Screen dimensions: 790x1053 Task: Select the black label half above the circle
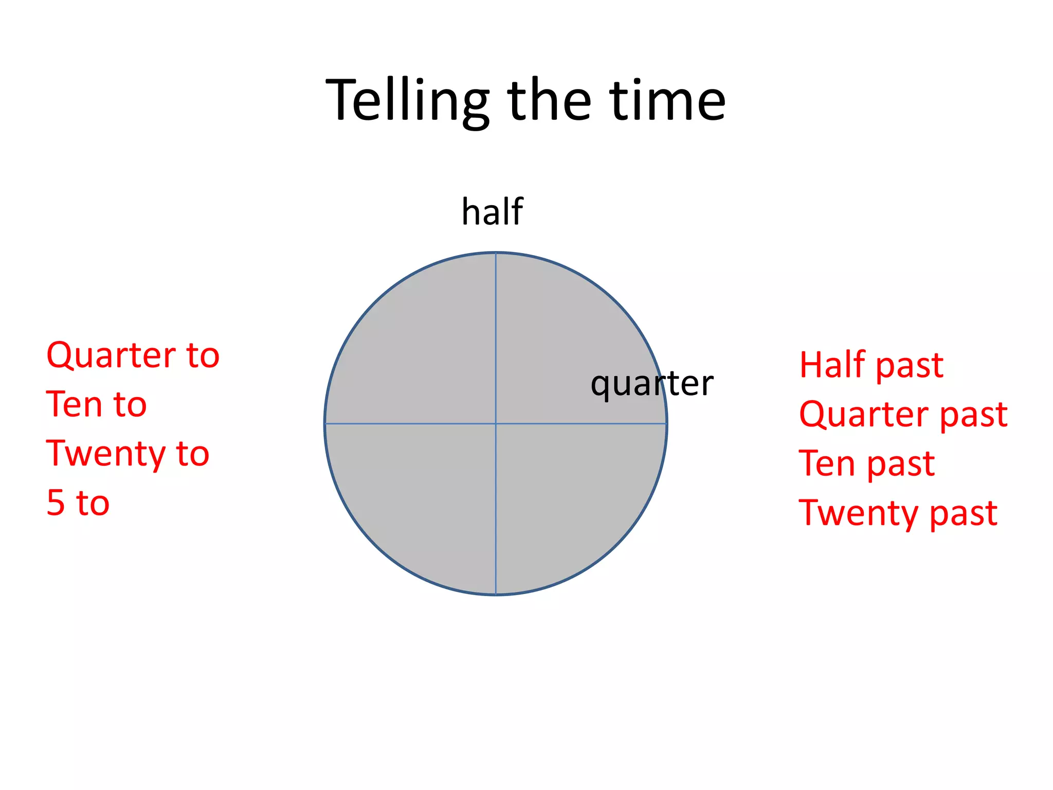tap(492, 211)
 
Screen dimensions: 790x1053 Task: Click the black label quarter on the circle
tap(651, 384)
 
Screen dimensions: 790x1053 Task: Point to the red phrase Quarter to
tap(133, 355)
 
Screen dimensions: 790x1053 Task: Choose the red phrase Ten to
tap(96, 404)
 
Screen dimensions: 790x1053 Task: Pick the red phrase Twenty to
tap(128, 454)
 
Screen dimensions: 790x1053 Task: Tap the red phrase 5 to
tap(78, 502)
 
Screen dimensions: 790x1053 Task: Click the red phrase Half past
tap(871, 365)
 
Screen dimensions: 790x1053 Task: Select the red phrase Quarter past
tap(903, 414)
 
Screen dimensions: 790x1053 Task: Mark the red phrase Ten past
tap(866, 463)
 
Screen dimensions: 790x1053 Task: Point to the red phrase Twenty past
tap(898, 513)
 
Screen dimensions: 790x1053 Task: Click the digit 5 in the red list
tap(56, 502)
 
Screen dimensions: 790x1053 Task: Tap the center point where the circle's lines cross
tap(496, 424)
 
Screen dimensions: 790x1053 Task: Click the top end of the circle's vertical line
tap(496, 254)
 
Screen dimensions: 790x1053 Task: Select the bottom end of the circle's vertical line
tap(496, 594)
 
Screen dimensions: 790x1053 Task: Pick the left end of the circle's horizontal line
tap(326, 424)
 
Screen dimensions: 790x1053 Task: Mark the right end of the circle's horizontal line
tap(666, 424)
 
